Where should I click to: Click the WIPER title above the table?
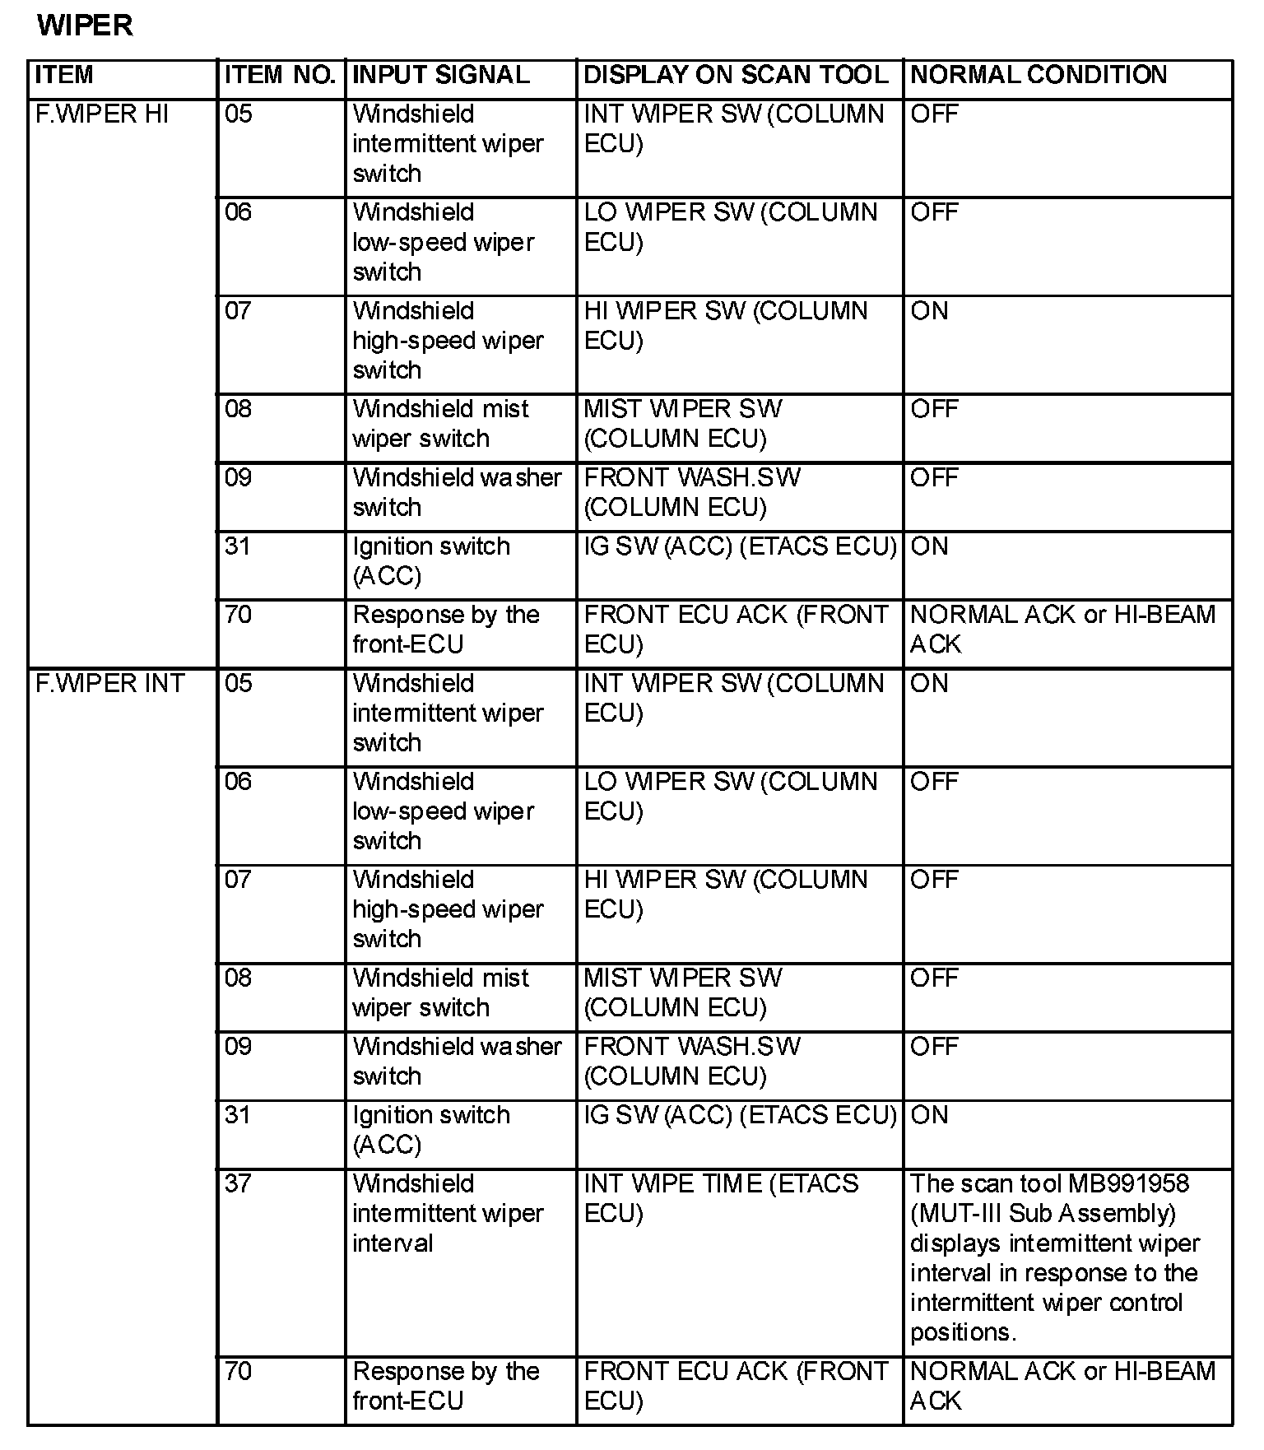click(x=85, y=26)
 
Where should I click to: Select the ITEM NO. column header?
click(x=279, y=75)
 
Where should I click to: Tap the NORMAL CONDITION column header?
click(x=1039, y=75)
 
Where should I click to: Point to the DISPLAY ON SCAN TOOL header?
click(x=736, y=75)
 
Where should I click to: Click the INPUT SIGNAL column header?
click(x=440, y=75)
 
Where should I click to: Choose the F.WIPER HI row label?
click(x=101, y=114)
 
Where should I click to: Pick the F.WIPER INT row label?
click(x=109, y=683)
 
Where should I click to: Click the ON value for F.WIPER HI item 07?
click(x=929, y=311)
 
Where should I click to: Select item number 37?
click(x=238, y=1183)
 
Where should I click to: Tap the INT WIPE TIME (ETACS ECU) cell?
click(x=721, y=1198)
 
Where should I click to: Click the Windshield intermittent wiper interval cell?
click(x=448, y=1213)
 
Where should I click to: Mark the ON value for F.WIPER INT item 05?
click(x=929, y=683)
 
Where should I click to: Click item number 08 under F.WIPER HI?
click(x=238, y=409)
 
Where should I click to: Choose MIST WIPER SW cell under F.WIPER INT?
click(x=682, y=992)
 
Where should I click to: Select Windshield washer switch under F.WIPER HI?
click(x=457, y=492)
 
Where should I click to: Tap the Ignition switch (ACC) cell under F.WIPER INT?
click(x=431, y=1129)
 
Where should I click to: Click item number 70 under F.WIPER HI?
click(x=238, y=615)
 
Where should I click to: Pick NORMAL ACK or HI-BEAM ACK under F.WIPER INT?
click(x=1062, y=1386)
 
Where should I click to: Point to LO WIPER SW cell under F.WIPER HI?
click(x=730, y=227)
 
